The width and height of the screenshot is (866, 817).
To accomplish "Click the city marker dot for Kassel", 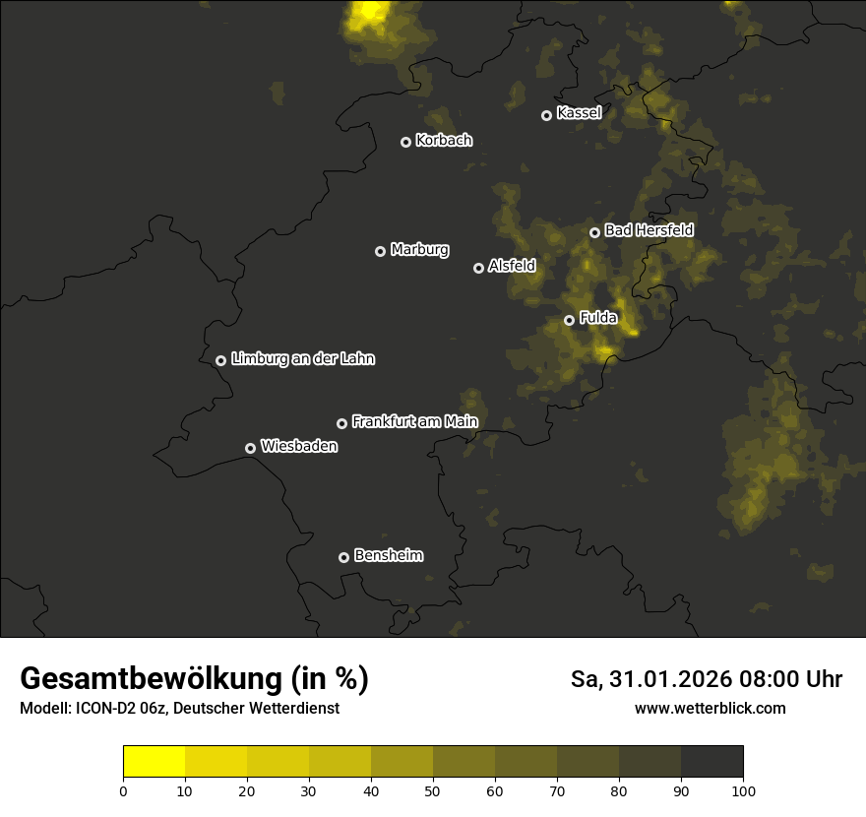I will click(x=546, y=115).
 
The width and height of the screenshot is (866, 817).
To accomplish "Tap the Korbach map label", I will click(x=444, y=141).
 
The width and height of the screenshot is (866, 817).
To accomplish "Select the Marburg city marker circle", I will click(x=380, y=251).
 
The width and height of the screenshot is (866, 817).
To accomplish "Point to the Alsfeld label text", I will click(x=512, y=266).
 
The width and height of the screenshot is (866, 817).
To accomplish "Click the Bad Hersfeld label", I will click(x=649, y=230).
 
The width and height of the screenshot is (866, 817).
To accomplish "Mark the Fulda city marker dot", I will click(x=569, y=320).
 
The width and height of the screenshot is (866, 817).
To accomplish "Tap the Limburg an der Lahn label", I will click(x=302, y=359).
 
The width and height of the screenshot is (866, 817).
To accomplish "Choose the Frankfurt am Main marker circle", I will click(x=341, y=423).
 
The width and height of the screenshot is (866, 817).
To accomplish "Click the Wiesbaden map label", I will click(x=299, y=447).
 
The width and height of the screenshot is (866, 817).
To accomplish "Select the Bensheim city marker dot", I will click(x=343, y=557).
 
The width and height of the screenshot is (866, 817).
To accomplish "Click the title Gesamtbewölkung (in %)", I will click(x=194, y=679).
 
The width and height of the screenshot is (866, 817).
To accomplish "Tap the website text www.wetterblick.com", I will click(x=710, y=709).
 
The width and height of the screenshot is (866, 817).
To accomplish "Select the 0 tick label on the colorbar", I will click(x=123, y=790).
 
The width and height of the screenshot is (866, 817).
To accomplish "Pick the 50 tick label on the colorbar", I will click(x=433, y=790).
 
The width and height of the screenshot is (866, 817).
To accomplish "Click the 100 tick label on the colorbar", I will click(x=743, y=790).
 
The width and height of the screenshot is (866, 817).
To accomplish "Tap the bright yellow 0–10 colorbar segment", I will click(x=154, y=762).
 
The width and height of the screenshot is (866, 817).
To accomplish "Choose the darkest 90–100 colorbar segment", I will click(x=711, y=762).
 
